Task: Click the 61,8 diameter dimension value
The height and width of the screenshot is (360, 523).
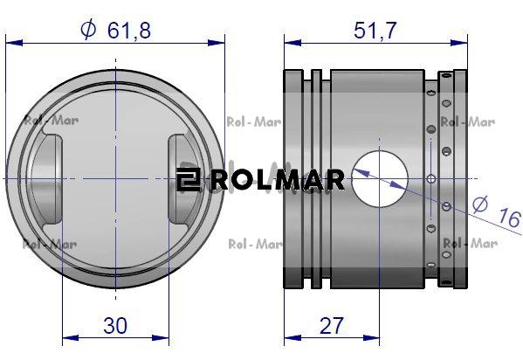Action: (x=129, y=30)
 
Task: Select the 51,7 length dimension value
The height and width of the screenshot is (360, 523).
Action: (x=375, y=30)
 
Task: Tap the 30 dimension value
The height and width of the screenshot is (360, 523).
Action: (x=115, y=326)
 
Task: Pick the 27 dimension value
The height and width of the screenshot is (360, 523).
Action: (x=331, y=326)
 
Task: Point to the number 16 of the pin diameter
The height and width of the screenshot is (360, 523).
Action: (x=509, y=218)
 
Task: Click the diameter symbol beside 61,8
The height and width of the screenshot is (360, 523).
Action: (x=88, y=30)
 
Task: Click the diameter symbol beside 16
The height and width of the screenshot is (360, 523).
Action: (x=480, y=204)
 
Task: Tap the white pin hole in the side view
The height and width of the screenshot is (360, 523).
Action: (x=380, y=178)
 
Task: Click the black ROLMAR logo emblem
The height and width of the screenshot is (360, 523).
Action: (x=188, y=179)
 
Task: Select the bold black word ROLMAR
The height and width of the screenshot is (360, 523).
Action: (x=278, y=180)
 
